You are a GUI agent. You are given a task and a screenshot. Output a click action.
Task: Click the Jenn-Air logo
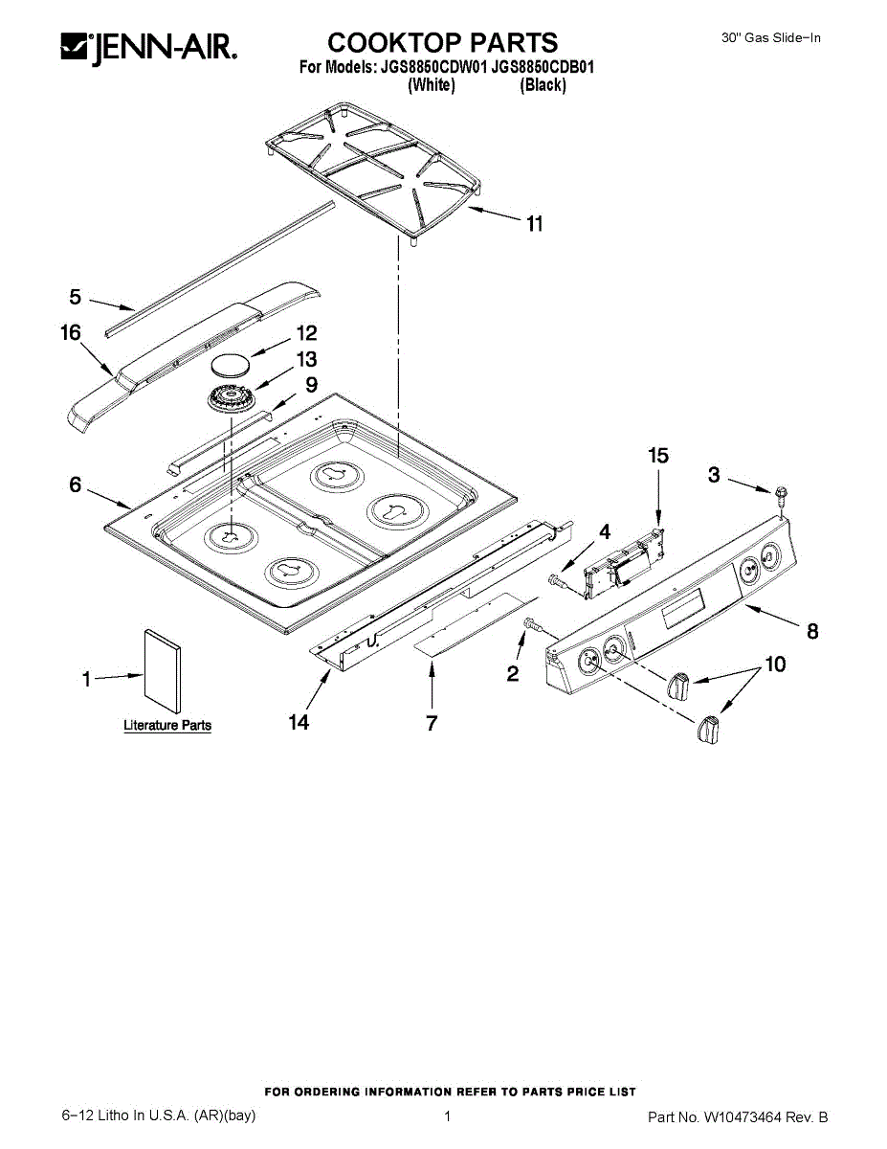click(x=148, y=46)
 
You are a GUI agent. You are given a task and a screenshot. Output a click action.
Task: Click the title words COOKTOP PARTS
click(x=442, y=42)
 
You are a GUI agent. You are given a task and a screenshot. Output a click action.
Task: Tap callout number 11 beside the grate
click(x=534, y=223)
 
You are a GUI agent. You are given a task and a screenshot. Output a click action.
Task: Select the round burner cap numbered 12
click(x=230, y=365)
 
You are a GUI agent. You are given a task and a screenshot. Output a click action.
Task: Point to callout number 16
click(x=71, y=331)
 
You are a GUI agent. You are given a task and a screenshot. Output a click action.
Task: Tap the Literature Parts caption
click(x=167, y=726)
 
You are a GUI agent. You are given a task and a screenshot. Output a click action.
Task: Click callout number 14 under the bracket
click(x=299, y=722)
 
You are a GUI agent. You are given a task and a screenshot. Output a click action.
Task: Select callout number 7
click(x=432, y=723)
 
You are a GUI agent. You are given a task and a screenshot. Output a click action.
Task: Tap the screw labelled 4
click(x=557, y=579)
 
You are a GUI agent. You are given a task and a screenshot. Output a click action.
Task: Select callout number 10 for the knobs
click(x=774, y=663)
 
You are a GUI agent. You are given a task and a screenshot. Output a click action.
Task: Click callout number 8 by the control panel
click(x=812, y=631)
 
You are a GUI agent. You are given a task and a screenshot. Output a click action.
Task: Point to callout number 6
click(x=76, y=484)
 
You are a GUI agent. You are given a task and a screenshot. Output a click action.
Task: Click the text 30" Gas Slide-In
click(x=770, y=38)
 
